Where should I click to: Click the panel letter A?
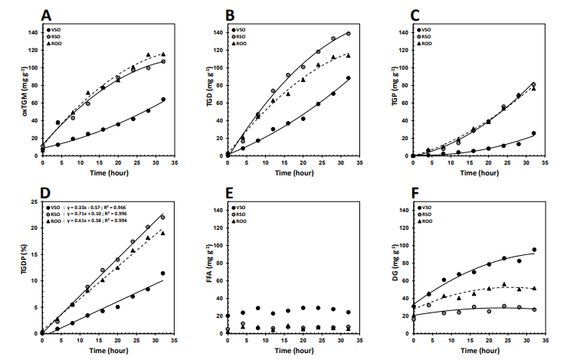click(x=47, y=15)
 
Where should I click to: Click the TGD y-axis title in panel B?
click(x=198, y=93)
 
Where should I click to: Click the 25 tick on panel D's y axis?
click(x=33, y=202)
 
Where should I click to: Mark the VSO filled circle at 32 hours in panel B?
click(x=348, y=78)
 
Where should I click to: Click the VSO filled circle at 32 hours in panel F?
click(x=533, y=250)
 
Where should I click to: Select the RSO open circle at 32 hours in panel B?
click(x=348, y=34)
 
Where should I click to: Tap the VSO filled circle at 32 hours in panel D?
click(x=162, y=273)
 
